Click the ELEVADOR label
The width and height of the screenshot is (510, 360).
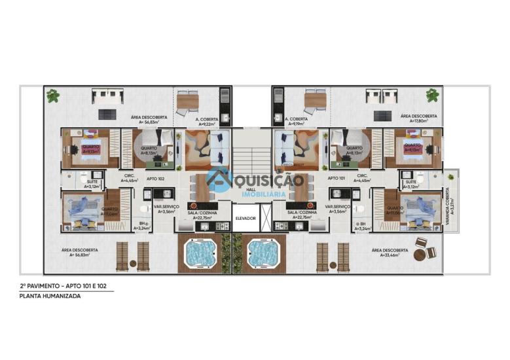tap(246, 218)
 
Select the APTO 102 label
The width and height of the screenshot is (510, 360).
tap(155, 178)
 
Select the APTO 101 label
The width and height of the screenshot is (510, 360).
tap(337, 178)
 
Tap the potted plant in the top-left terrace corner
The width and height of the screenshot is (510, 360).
tap(53, 96)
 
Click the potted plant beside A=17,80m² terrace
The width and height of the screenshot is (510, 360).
tap(432, 96)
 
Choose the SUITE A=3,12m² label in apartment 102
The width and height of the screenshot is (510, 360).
tap(90, 184)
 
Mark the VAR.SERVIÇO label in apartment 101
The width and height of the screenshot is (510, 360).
tap(338, 209)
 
